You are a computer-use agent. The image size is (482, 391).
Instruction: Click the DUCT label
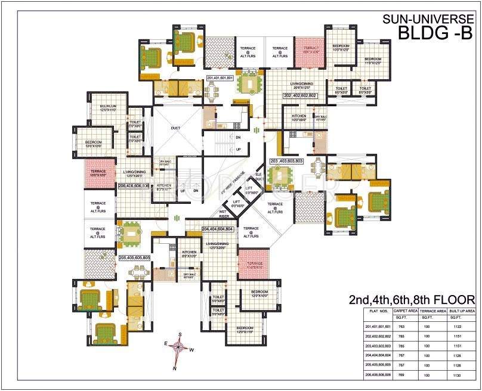(175, 128)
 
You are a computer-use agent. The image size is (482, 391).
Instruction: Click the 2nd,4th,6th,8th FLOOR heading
(412, 299)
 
